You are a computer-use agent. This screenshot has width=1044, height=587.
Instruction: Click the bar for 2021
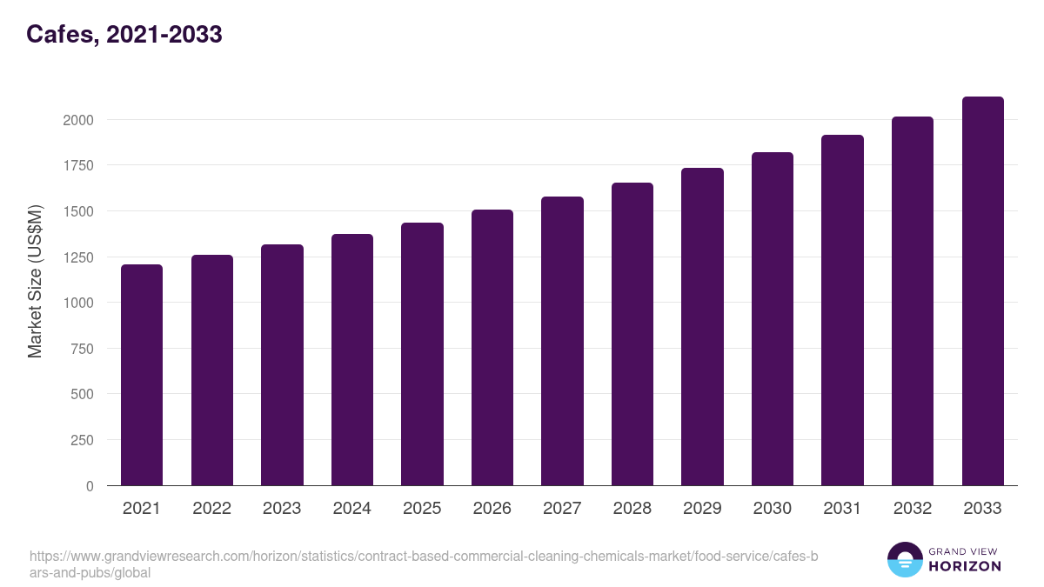point(142,375)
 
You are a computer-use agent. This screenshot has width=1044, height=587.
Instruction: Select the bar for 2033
point(982,291)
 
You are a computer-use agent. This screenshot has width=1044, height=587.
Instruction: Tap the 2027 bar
point(562,341)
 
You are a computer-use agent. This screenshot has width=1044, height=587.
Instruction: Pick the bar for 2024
point(352,360)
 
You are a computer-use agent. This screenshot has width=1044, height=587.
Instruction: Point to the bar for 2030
point(773,319)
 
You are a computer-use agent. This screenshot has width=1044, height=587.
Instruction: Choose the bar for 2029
point(702,327)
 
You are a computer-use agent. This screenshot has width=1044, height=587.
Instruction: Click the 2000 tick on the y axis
point(78,120)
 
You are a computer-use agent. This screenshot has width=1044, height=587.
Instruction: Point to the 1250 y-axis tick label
point(78,257)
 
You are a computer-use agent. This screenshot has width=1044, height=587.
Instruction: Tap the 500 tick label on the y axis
point(83,395)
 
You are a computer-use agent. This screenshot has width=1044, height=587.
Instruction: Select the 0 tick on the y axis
point(90,486)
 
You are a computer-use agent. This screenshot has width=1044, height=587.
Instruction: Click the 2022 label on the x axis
point(211,509)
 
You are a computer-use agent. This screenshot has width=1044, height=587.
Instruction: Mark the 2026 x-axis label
point(492,509)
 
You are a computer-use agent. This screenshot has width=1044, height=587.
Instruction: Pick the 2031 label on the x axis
point(842,509)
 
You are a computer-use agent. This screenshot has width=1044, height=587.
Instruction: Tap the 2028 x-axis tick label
point(632,509)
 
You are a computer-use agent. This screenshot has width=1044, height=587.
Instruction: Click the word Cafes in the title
point(59,35)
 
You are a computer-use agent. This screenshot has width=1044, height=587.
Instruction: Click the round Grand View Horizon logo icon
point(905,560)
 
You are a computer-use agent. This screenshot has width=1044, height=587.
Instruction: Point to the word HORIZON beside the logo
point(964,567)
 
